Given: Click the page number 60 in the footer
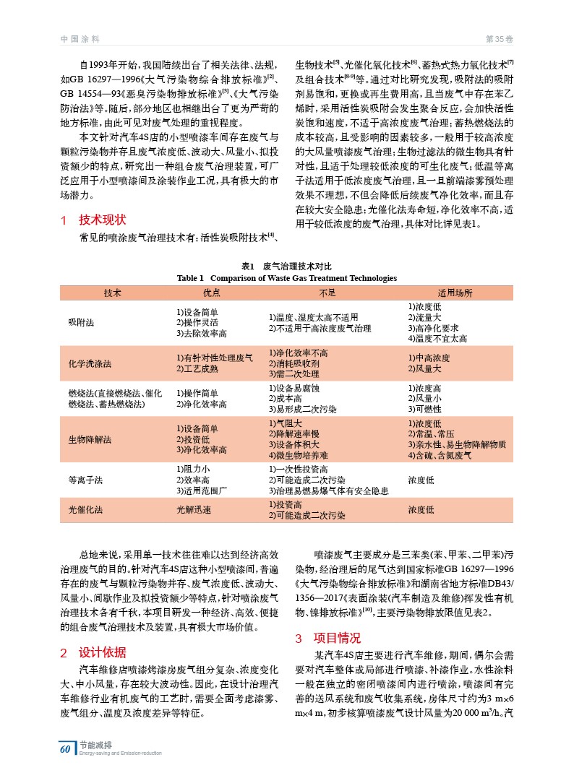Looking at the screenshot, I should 65,749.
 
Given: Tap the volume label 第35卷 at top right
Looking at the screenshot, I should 499,38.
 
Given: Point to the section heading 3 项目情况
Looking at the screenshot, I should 327,638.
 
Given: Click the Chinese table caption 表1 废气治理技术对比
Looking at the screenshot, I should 287,267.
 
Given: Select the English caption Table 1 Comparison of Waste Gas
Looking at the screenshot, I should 287,278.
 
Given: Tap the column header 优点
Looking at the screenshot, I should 211,293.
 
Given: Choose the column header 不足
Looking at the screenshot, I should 327,293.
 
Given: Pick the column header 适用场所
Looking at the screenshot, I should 455,293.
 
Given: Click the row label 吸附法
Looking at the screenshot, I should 80,322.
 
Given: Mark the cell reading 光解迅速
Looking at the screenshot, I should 194,509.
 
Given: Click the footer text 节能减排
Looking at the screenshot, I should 95,745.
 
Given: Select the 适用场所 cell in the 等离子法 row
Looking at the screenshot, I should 422,479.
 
